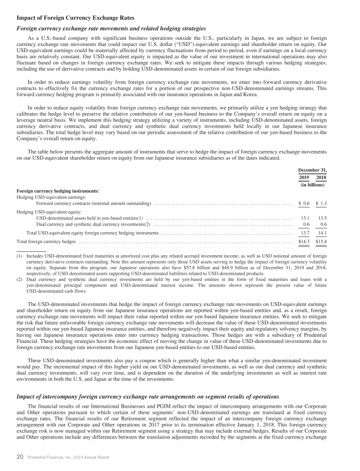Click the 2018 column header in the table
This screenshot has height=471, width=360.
[x=321, y=177]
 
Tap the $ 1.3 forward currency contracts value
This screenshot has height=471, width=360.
[x=321, y=203]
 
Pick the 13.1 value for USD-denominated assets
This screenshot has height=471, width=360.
[x=305, y=218]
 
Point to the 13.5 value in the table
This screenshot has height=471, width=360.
[x=322, y=218]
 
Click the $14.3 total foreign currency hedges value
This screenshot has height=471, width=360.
[x=304, y=241]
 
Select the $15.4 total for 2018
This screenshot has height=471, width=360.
[x=321, y=241]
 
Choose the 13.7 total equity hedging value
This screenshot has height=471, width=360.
[x=305, y=233]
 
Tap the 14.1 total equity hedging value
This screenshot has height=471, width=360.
[x=322, y=233]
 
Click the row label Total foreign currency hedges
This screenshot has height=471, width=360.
[x=46, y=242]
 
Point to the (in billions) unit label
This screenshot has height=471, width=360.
[x=313, y=184]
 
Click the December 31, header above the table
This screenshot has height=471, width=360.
[x=313, y=170]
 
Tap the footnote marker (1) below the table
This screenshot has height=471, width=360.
[x=20, y=256]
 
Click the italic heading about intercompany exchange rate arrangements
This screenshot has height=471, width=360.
[x=148, y=397]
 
